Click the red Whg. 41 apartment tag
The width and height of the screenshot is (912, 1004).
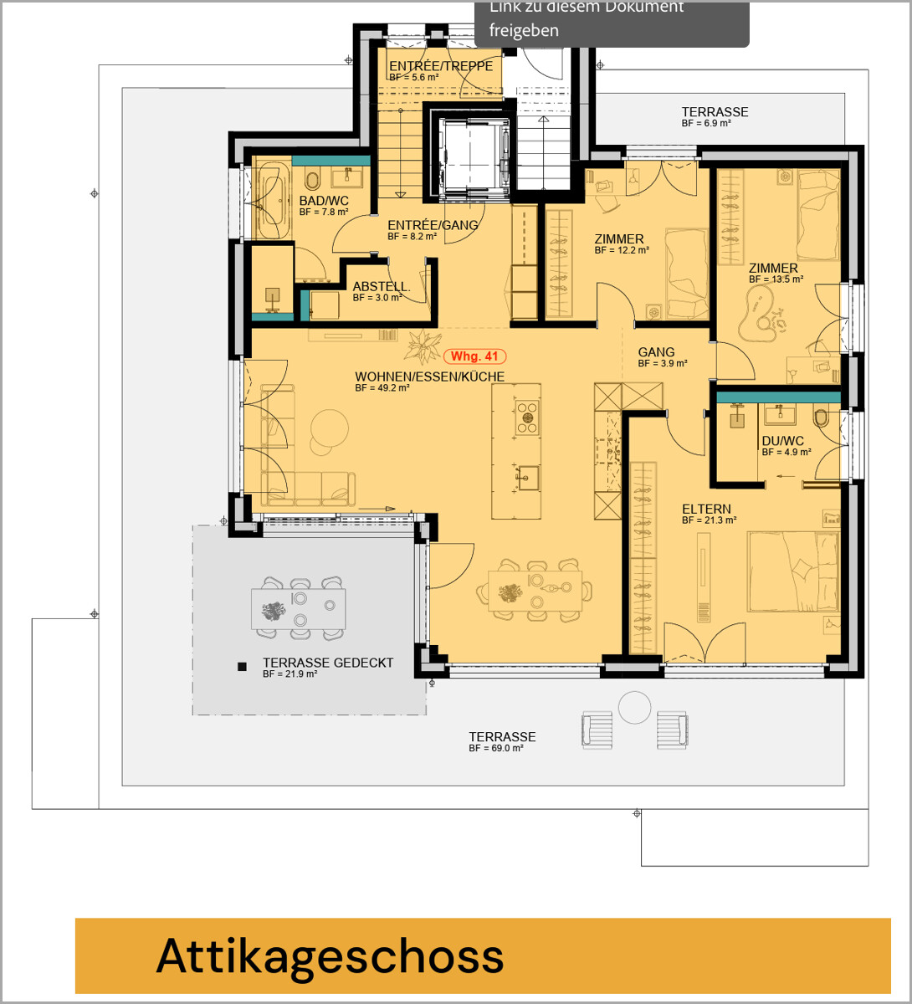pyautogui.click(x=474, y=356)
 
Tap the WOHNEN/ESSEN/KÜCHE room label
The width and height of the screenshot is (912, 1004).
pyautogui.click(x=429, y=376)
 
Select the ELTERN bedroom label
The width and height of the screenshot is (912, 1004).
pyautogui.click(x=706, y=509)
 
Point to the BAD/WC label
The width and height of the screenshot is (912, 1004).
pyautogui.click(x=324, y=201)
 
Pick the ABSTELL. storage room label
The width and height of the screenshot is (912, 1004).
pyautogui.click(x=382, y=286)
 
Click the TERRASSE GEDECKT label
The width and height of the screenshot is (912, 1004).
pyautogui.click(x=328, y=663)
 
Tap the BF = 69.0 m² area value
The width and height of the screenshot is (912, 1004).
pyautogui.click(x=495, y=749)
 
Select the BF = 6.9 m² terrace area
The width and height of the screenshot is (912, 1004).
pyautogui.click(x=706, y=123)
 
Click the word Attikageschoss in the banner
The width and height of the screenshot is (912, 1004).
pyautogui.click(x=330, y=956)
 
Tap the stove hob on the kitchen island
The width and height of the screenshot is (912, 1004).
pyautogui.click(x=527, y=417)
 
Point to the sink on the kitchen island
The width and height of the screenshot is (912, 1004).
pyautogui.click(x=527, y=478)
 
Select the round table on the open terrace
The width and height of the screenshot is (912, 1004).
pyautogui.click(x=634, y=708)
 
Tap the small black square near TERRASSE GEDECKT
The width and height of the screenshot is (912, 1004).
pyautogui.click(x=242, y=666)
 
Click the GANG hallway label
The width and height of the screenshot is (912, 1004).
pyautogui.click(x=656, y=352)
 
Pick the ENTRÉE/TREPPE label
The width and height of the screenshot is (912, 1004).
pyautogui.click(x=441, y=66)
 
